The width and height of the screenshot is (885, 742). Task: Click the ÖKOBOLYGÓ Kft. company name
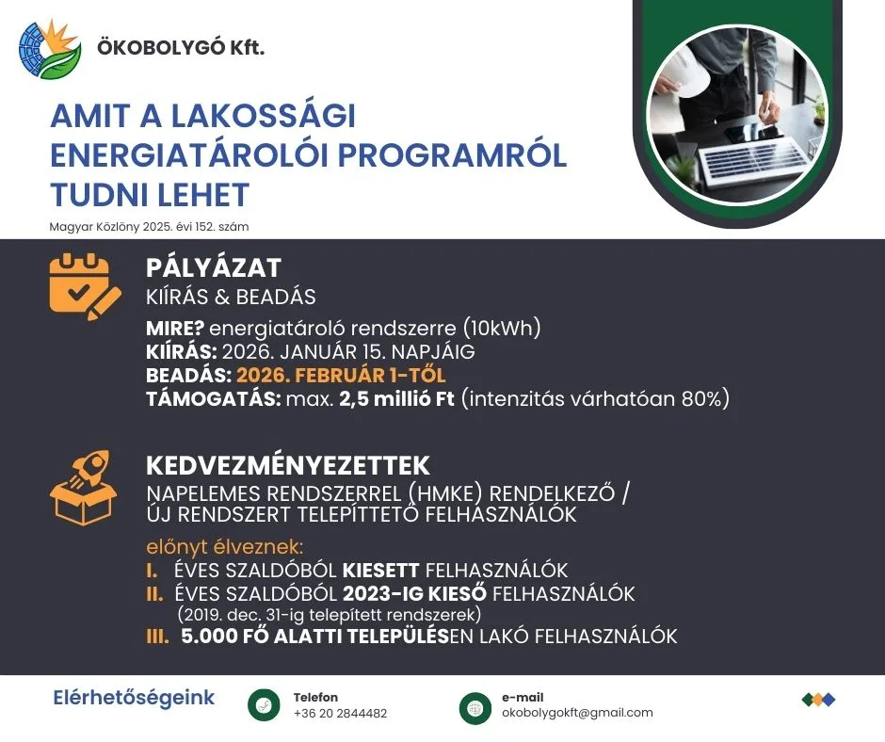[181, 47]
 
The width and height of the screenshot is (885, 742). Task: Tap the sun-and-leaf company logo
[50, 49]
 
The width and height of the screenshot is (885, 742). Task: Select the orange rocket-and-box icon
[84, 488]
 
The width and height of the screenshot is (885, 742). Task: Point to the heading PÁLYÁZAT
[214, 267]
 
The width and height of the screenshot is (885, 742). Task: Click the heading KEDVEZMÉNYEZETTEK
[288, 466]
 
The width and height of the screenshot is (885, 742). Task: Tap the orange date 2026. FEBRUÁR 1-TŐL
[341, 375]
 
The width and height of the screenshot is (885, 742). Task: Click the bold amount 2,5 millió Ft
[396, 398]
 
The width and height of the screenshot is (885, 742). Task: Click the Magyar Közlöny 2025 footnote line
[149, 227]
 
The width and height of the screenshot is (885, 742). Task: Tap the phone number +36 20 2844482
[340, 713]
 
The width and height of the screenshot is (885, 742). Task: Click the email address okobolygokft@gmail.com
[577, 713]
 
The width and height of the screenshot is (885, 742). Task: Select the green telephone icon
[264, 705]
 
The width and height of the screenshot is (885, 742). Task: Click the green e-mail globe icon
[475, 708]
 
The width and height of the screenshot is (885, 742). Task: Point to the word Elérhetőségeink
[134, 698]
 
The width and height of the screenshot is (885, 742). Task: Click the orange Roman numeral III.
[157, 637]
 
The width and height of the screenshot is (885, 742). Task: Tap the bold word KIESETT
[381, 571]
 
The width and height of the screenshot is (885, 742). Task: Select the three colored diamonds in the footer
[818, 700]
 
